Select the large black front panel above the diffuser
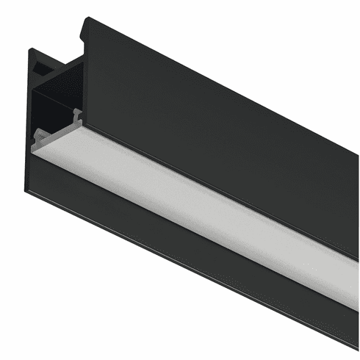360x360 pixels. (220, 125)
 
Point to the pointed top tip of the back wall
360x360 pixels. (30, 49)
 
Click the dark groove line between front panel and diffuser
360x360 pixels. (220, 187)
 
